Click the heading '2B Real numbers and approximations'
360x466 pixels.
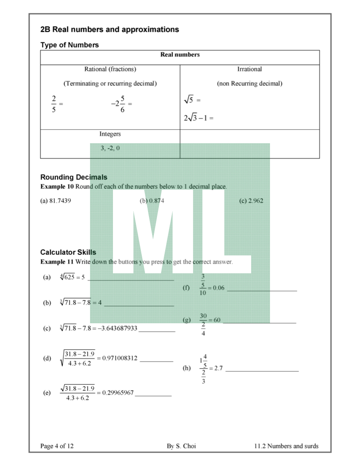pyautogui.click(x=109, y=30)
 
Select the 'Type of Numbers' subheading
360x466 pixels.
pyautogui.click(x=69, y=45)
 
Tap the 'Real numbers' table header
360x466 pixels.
pyautogui.click(x=180, y=55)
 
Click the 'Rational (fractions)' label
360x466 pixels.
pyautogui.click(x=110, y=69)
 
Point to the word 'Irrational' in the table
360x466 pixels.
pyautogui.click(x=249, y=69)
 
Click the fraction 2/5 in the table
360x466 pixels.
pyautogui.click(x=54, y=104)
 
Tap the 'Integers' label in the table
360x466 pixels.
pyautogui.click(x=110, y=134)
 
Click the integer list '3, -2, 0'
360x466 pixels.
pyautogui.click(x=110, y=148)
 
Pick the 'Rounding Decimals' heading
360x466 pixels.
pyautogui.click(x=74, y=177)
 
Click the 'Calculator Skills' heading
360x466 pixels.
pyautogui.click(x=68, y=252)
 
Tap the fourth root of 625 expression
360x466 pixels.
pyautogui.click(x=67, y=277)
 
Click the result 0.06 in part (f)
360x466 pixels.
pyautogui.click(x=218, y=288)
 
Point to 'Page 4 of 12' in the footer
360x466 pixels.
pyautogui.click(x=57, y=446)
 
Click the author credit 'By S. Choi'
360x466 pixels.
pyautogui.click(x=181, y=446)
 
